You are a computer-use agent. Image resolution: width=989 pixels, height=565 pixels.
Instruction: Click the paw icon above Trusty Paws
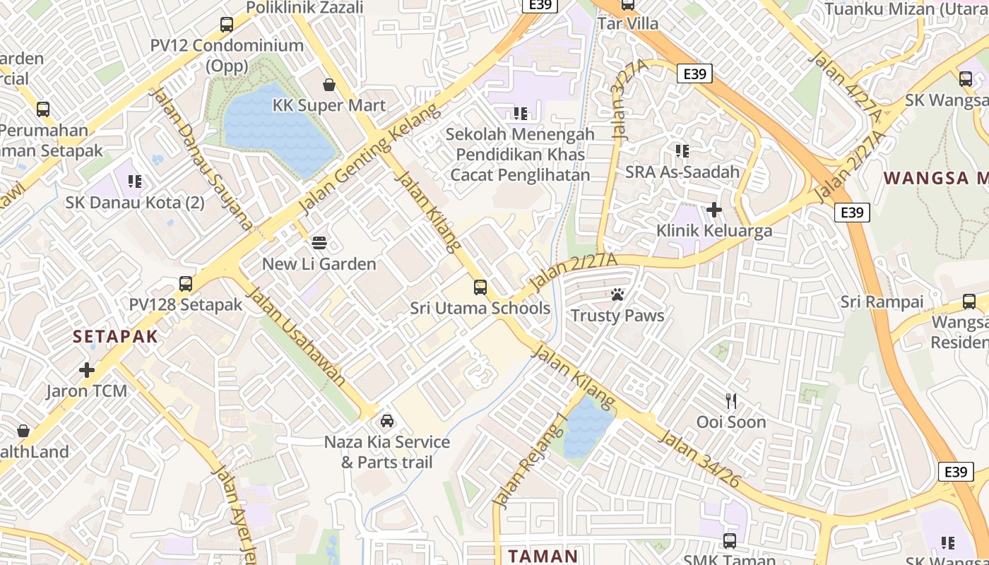[617, 295]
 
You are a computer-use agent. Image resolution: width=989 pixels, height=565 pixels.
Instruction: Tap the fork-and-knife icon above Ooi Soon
[731, 401]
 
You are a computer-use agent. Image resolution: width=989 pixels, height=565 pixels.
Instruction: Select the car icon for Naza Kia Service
[387, 421]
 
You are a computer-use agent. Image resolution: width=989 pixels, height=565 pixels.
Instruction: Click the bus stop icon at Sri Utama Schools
[480, 287]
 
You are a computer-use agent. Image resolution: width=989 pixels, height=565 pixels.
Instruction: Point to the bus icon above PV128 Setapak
[186, 284]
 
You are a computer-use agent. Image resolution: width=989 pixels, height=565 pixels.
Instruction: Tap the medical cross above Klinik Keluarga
[714, 210]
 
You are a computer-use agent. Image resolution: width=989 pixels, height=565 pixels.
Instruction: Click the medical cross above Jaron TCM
[87, 370]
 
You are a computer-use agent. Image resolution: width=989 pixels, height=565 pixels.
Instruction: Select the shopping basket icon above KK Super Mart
[329, 85]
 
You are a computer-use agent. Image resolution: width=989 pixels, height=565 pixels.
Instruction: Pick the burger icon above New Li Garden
[319, 243]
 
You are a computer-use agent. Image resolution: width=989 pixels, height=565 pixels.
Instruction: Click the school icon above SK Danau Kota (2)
[135, 182]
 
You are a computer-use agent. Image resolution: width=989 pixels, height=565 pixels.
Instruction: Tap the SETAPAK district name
[115, 337]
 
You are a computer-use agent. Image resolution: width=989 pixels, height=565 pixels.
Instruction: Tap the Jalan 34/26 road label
[699, 460]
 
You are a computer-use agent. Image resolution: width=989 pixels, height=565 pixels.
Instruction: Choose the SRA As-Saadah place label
[682, 172]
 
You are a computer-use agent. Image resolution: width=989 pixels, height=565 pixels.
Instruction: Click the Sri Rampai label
[882, 302]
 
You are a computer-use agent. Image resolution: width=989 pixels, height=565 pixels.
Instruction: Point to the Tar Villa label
[627, 23]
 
